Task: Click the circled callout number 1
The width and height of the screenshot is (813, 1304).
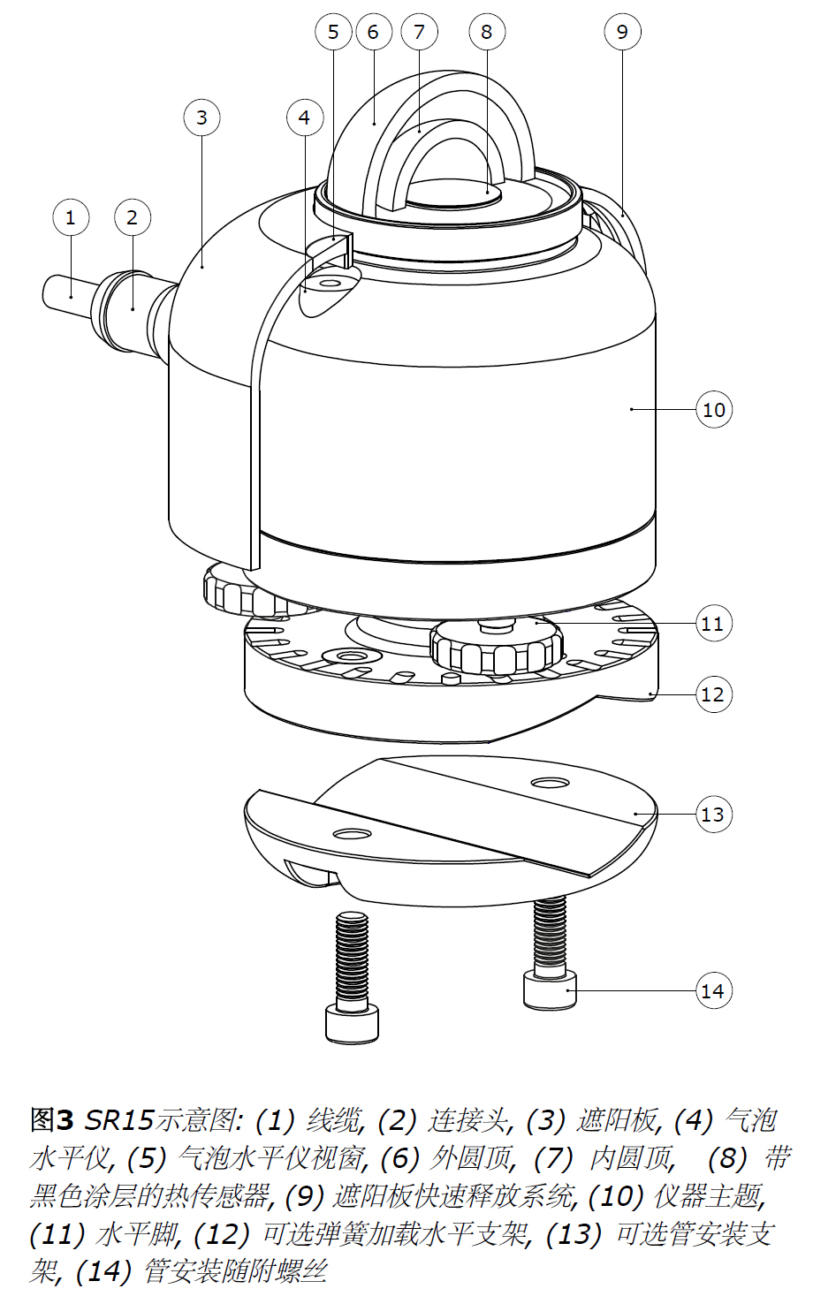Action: pos(71,217)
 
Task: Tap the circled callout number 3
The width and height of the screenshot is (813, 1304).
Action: pos(201,117)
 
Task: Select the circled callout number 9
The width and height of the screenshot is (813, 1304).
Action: pos(622,32)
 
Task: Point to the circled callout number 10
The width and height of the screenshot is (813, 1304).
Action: pos(713,409)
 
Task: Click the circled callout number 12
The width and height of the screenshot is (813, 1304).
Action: pos(712,694)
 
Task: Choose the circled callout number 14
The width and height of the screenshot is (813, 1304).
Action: pos(712,991)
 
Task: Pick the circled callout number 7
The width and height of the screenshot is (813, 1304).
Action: pos(419,32)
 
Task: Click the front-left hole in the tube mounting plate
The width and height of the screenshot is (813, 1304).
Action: pos(351,834)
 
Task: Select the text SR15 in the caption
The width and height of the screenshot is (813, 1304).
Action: pos(119,1120)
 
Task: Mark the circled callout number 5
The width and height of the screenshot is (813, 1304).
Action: pos(333,32)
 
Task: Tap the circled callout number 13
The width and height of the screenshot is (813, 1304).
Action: pos(712,814)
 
